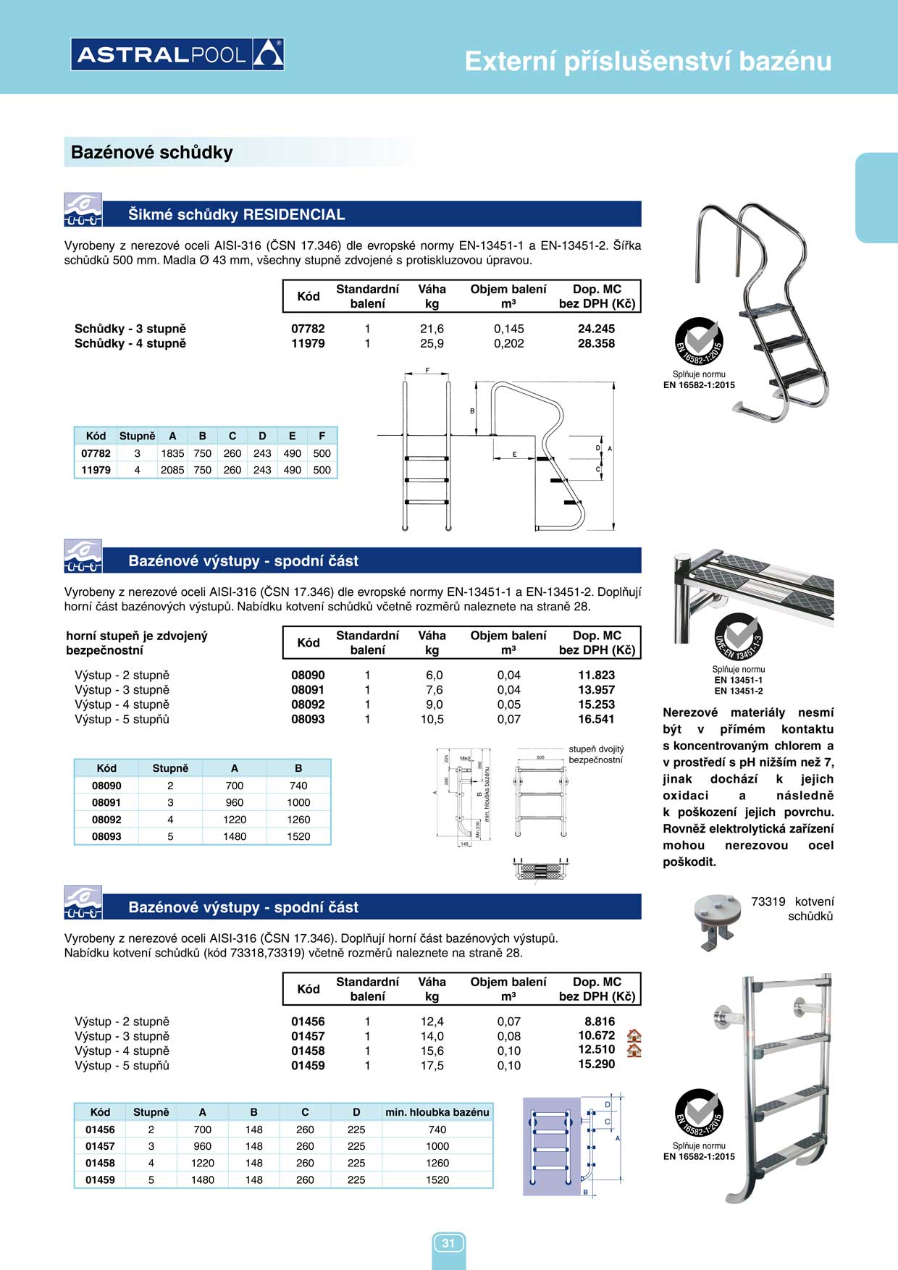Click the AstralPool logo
pyautogui.click(x=177, y=54)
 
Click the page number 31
pyautogui.click(x=448, y=1243)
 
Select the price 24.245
pyautogui.click(x=596, y=329)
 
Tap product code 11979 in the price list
pyautogui.click(x=308, y=343)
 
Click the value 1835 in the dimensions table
pyautogui.click(x=172, y=453)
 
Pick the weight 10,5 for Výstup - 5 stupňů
pyautogui.click(x=432, y=719)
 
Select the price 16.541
pyautogui.click(x=596, y=719)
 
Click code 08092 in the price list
pyautogui.click(x=308, y=705)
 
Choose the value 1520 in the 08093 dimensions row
pyautogui.click(x=298, y=836)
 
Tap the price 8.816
pyautogui.click(x=600, y=1022)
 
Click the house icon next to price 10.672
pyautogui.click(x=634, y=1036)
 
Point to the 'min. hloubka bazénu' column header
pyautogui.click(x=437, y=1112)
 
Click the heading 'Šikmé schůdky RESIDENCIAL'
pyautogui.click(x=236, y=214)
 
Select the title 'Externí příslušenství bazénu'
pyautogui.click(x=647, y=62)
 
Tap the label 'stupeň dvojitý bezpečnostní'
pyautogui.click(x=596, y=754)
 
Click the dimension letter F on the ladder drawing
pyautogui.click(x=427, y=371)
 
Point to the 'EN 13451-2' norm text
pyautogui.click(x=738, y=691)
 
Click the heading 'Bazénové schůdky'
pyautogui.click(x=152, y=153)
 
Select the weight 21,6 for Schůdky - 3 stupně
pyautogui.click(x=432, y=329)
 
